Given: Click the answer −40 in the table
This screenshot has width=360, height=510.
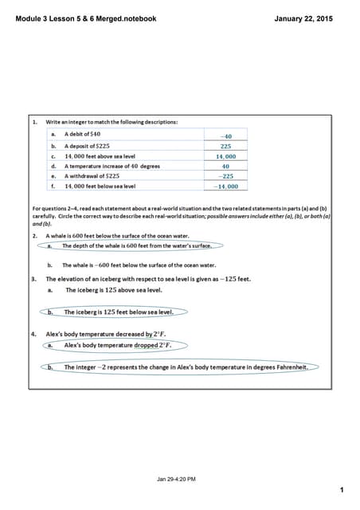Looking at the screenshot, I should click(226, 136).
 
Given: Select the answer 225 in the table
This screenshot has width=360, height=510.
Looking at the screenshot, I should click(226, 147).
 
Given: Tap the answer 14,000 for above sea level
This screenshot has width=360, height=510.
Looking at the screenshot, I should click(226, 157).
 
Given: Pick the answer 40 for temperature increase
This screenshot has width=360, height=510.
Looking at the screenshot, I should click(226, 167).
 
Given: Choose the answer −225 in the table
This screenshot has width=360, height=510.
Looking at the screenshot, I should click(226, 176).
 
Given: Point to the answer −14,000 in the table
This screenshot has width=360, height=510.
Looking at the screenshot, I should click(226, 186).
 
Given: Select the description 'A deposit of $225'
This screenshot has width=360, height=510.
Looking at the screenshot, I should click(87, 147).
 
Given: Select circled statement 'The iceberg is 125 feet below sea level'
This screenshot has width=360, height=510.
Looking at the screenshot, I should click(122, 312).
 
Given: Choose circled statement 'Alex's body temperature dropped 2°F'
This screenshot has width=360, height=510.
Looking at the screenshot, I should click(118, 345).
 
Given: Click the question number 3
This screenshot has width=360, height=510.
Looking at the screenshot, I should click(34, 280).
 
